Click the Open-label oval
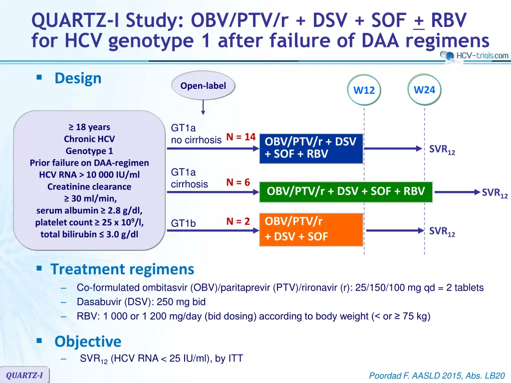point(203,86)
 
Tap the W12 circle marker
point(364,90)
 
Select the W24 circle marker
point(424,90)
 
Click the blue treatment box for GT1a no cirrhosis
point(311,149)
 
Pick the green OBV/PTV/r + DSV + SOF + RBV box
point(346,192)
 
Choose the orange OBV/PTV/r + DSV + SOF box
point(311,229)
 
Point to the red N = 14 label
point(241,137)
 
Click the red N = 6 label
point(238,182)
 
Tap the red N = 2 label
point(238,221)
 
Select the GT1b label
point(183,223)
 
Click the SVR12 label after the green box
point(495,193)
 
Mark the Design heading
point(78,78)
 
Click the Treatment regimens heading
point(122,269)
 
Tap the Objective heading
point(88,341)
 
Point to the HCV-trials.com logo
point(474,56)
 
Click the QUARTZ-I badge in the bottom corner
point(24,375)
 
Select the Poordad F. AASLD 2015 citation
point(437,376)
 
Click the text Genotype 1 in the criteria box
point(89,151)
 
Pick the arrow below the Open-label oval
point(203,107)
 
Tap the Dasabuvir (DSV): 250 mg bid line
point(141,302)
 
